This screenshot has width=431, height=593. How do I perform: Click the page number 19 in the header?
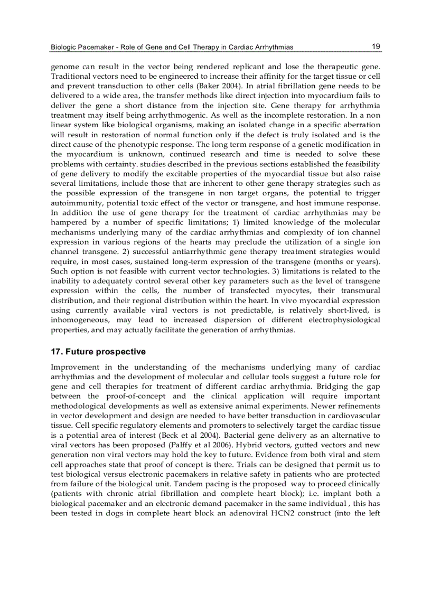pyautogui.click(x=376, y=46)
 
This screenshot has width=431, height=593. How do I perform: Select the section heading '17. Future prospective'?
pyautogui.click(x=98, y=352)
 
